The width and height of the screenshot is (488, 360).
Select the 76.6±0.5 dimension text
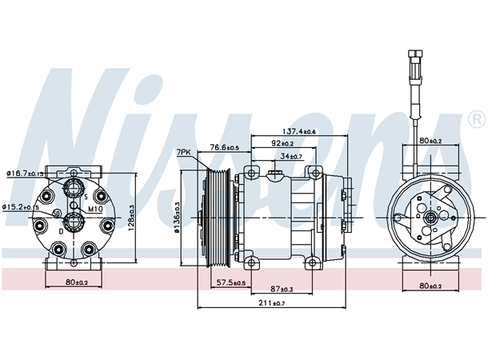click(x=225, y=147)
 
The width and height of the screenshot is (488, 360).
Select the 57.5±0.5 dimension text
click(x=230, y=282)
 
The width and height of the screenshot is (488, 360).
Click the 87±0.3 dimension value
click(x=282, y=289)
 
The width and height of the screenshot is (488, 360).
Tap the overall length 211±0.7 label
click(x=273, y=303)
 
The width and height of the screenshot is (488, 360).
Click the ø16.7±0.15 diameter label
click(x=24, y=173)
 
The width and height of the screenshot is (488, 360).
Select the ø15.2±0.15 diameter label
click(x=21, y=207)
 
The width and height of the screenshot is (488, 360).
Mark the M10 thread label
click(x=95, y=209)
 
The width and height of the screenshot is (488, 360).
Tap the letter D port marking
click(x=60, y=230)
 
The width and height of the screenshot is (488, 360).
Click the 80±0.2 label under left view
click(x=78, y=282)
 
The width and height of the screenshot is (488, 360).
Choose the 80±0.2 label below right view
click(x=430, y=286)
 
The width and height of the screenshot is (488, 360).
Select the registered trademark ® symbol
click(x=474, y=120)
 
